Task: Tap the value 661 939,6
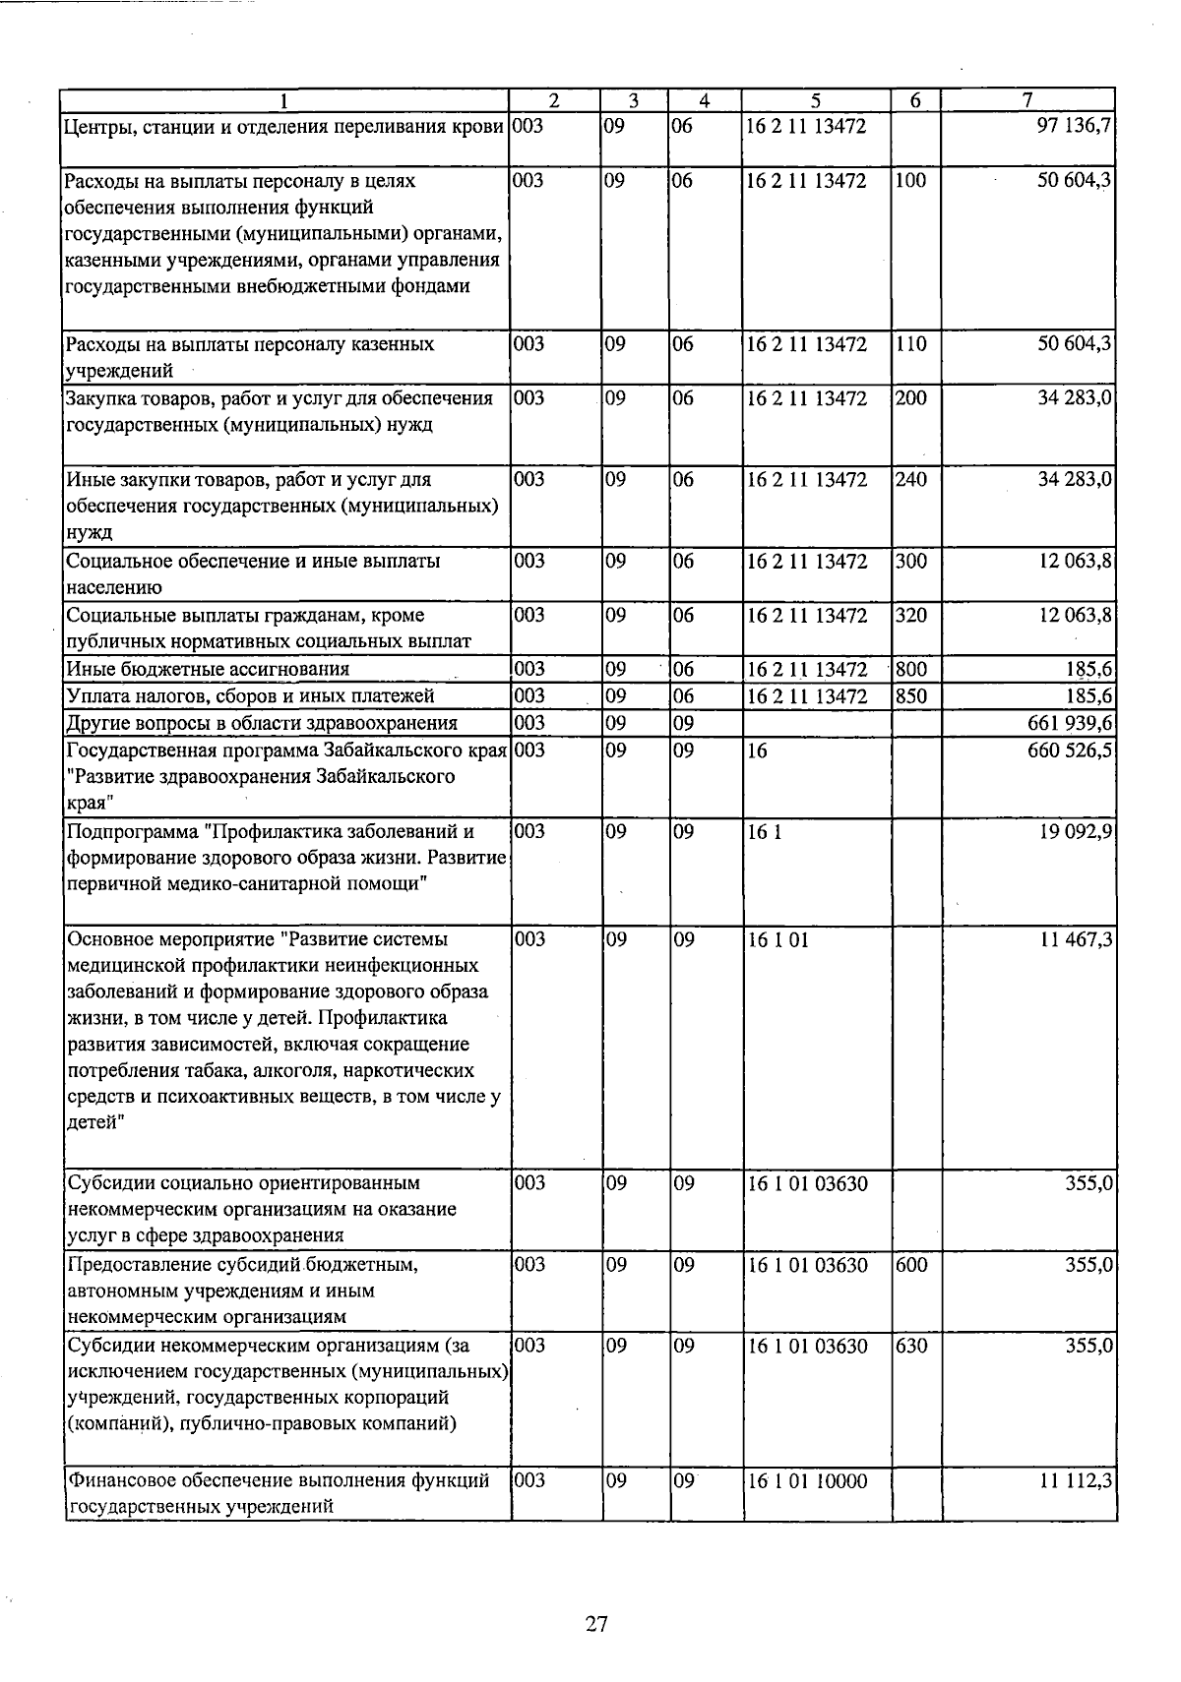point(1070,723)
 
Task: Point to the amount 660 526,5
point(1070,751)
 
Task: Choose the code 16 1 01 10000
point(807,1480)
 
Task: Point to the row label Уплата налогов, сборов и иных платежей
point(249,696)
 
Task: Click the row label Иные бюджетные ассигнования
point(208,670)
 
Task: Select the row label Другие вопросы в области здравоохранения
point(261,723)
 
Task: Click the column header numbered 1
point(284,99)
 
